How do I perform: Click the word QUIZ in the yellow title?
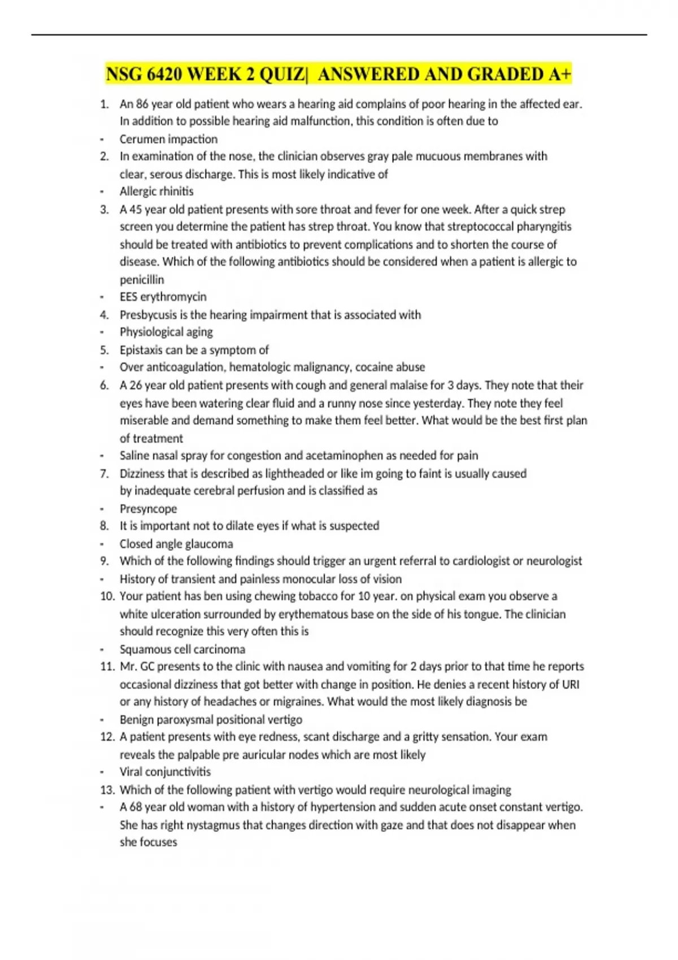(280, 74)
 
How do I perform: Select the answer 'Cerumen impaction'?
(168, 139)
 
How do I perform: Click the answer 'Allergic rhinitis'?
(157, 191)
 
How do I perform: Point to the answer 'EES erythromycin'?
(163, 296)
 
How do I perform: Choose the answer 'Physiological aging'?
(166, 332)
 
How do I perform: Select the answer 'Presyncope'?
(148, 509)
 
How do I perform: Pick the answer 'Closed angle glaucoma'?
(176, 544)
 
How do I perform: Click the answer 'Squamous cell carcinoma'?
(182, 649)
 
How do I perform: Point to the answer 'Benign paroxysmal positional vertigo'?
(211, 719)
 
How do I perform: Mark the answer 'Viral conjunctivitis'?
(165, 772)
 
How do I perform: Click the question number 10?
(107, 596)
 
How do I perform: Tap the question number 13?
(107, 789)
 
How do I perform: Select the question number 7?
(105, 474)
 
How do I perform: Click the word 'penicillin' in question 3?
(142, 280)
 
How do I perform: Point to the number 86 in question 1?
(142, 104)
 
